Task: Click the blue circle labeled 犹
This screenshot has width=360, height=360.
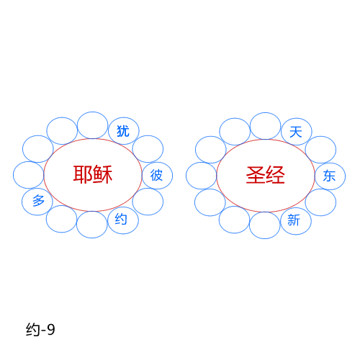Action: point(124,117)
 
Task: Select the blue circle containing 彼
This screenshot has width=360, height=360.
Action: point(157,163)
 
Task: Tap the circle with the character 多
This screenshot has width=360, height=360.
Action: point(37,189)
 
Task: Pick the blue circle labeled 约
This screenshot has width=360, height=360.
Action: point(123,207)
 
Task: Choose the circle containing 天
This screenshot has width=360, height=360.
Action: point(297,118)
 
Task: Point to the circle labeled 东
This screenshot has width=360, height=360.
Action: point(330,163)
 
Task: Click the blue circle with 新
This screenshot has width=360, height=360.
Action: point(296,208)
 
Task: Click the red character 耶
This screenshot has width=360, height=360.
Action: point(83,174)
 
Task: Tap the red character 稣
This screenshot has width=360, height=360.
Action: point(103,174)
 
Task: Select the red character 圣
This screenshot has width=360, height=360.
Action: point(256,175)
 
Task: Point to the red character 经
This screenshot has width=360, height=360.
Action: point(275,175)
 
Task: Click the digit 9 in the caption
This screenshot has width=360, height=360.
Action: point(51,329)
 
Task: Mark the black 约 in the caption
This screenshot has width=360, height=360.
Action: point(33,329)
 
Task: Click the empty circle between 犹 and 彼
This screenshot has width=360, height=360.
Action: point(148,135)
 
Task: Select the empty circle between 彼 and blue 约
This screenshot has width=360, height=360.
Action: point(148,189)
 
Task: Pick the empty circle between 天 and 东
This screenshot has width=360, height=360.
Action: point(320,136)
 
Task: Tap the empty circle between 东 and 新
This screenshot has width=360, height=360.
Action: point(320,189)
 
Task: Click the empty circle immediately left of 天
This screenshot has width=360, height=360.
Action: point(265,112)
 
